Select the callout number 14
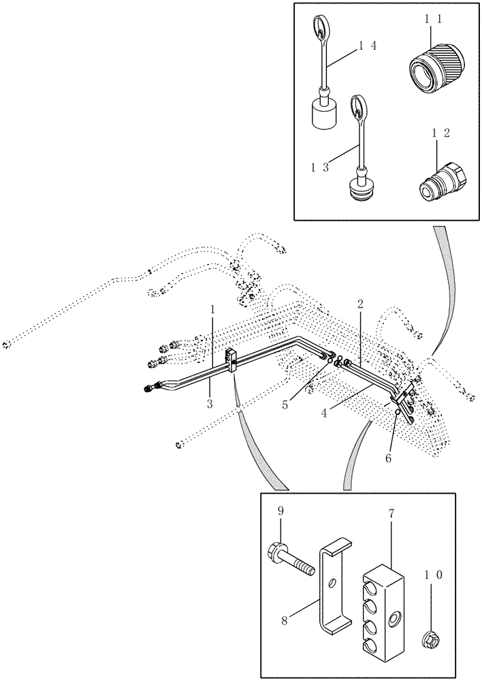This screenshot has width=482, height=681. [368, 46]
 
